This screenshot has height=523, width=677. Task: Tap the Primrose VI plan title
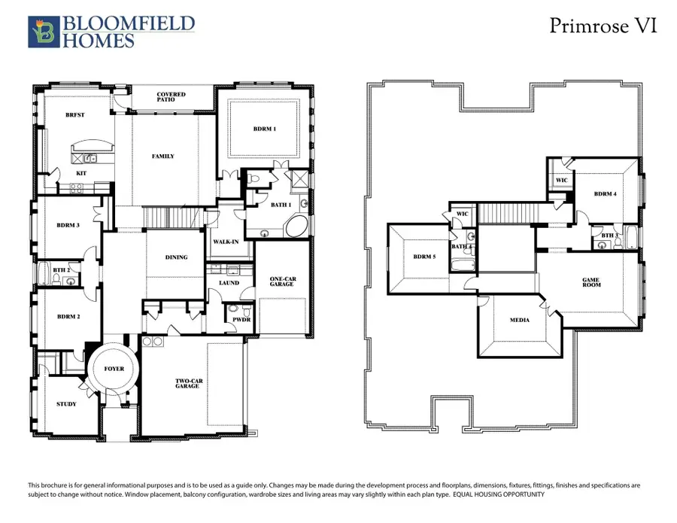point(603,26)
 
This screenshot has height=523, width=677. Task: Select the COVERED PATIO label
point(171,98)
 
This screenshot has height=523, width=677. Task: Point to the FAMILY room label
point(163,157)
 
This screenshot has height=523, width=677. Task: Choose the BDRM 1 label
point(264,129)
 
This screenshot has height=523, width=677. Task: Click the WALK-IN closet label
point(226,242)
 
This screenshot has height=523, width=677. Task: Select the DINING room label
point(176,257)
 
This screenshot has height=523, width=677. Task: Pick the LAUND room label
point(229,283)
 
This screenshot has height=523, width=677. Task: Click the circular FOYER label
point(114,369)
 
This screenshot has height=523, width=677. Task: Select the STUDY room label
point(66,404)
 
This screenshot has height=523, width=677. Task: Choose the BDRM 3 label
point(68,225)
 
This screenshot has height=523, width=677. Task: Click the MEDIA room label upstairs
point(520,320)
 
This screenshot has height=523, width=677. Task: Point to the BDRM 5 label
point(424,257)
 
